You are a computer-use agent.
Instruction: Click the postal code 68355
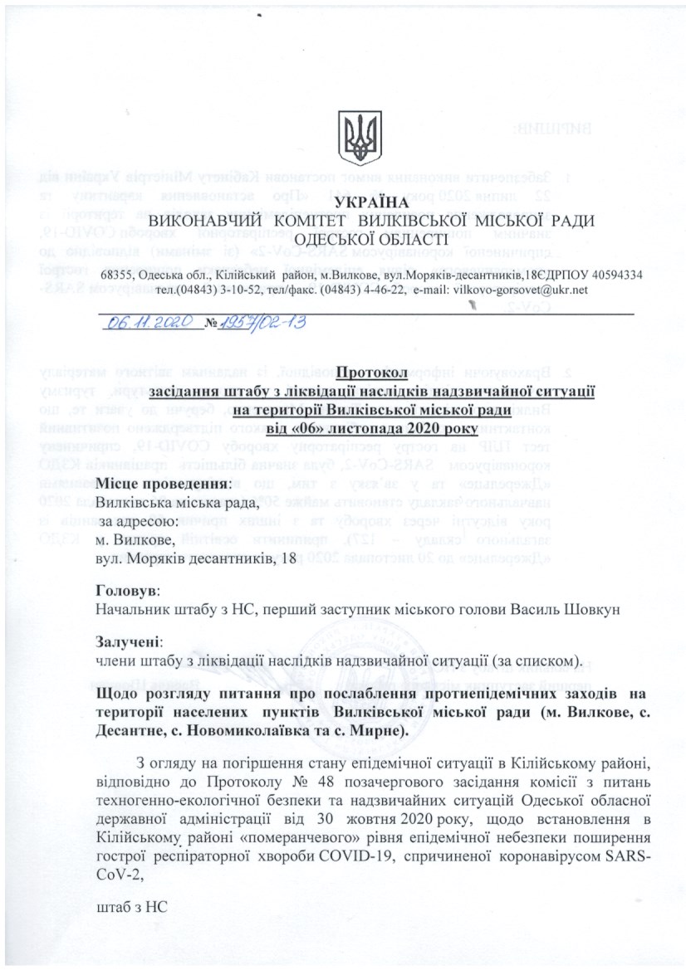coord(118,275)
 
